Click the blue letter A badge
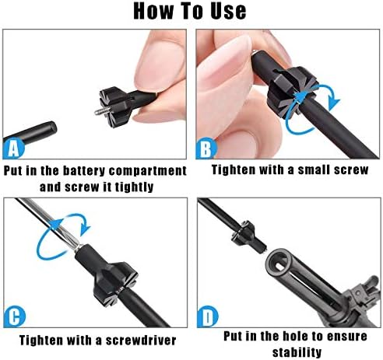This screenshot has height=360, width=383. coord(13,149)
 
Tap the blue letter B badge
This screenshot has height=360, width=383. coord(206,149)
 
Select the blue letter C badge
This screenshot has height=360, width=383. coord(15,317)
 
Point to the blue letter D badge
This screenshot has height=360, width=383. coord(208,316)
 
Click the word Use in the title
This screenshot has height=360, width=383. coord(228,11)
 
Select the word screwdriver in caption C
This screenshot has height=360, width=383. coord(141,341)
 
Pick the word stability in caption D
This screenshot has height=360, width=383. coord(297,352)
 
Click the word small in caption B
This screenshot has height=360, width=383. coord(314,170)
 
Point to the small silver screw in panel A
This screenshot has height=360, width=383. coord(103,111)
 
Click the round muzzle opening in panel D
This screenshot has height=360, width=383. coord(279,263)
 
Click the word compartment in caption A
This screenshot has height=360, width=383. coord(148,171)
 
